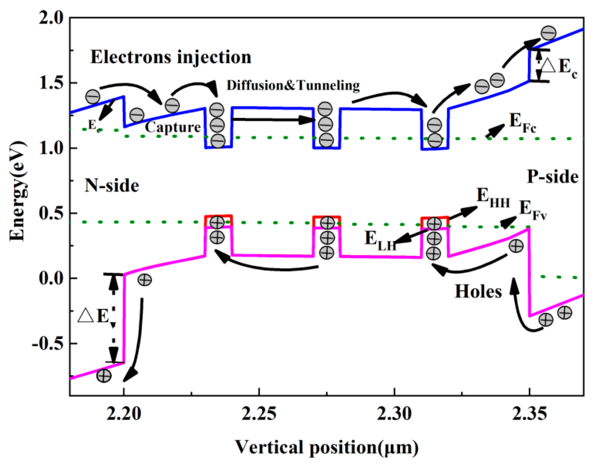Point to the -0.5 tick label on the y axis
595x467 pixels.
(48, 344)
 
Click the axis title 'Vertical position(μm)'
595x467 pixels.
(327, 448)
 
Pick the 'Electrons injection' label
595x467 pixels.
(171, 57)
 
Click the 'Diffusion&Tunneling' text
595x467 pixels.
(293, 85)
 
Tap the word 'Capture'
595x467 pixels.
(173, 127)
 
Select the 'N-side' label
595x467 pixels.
(112, 185)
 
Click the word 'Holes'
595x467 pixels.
(478, 291)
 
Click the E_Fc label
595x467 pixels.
(522, 123)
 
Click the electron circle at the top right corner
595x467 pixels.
(549, 33)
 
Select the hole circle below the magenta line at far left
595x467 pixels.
(104, 376)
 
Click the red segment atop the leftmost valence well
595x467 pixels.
(219, 216)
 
